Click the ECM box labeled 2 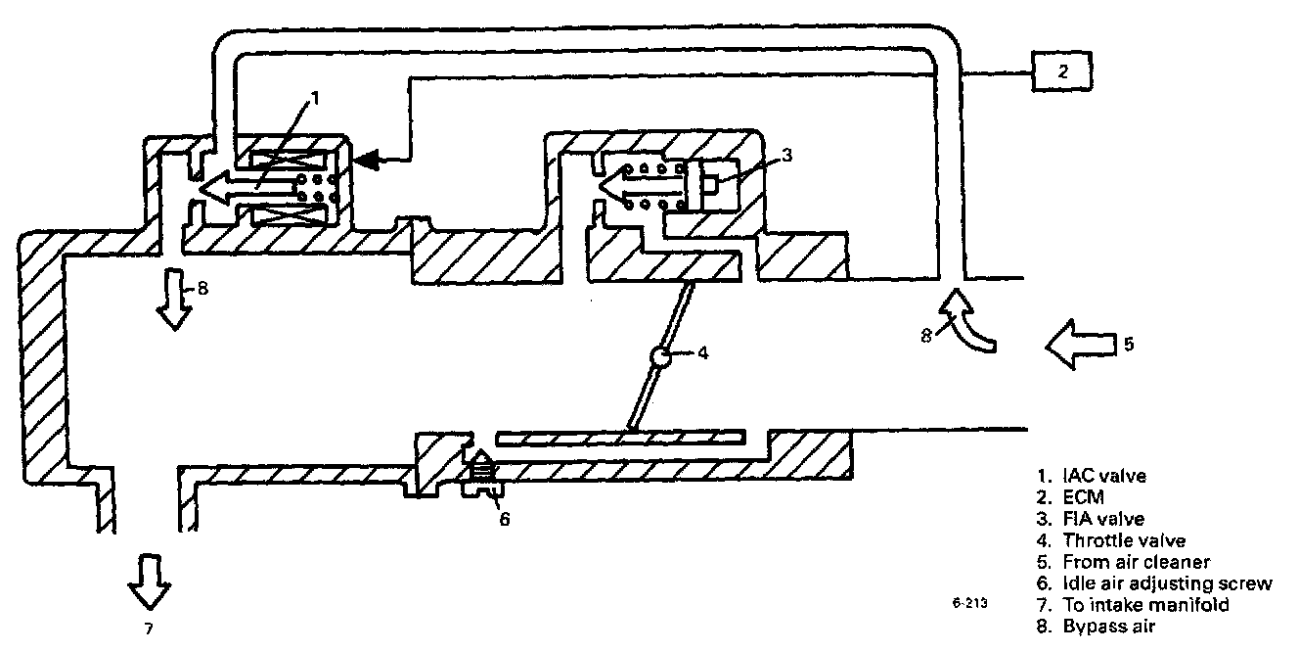(1062, 70)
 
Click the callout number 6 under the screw (505, 519)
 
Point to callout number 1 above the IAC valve (315, 99)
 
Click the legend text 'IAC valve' (1104, 476)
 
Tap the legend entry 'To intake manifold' (1144, 605)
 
